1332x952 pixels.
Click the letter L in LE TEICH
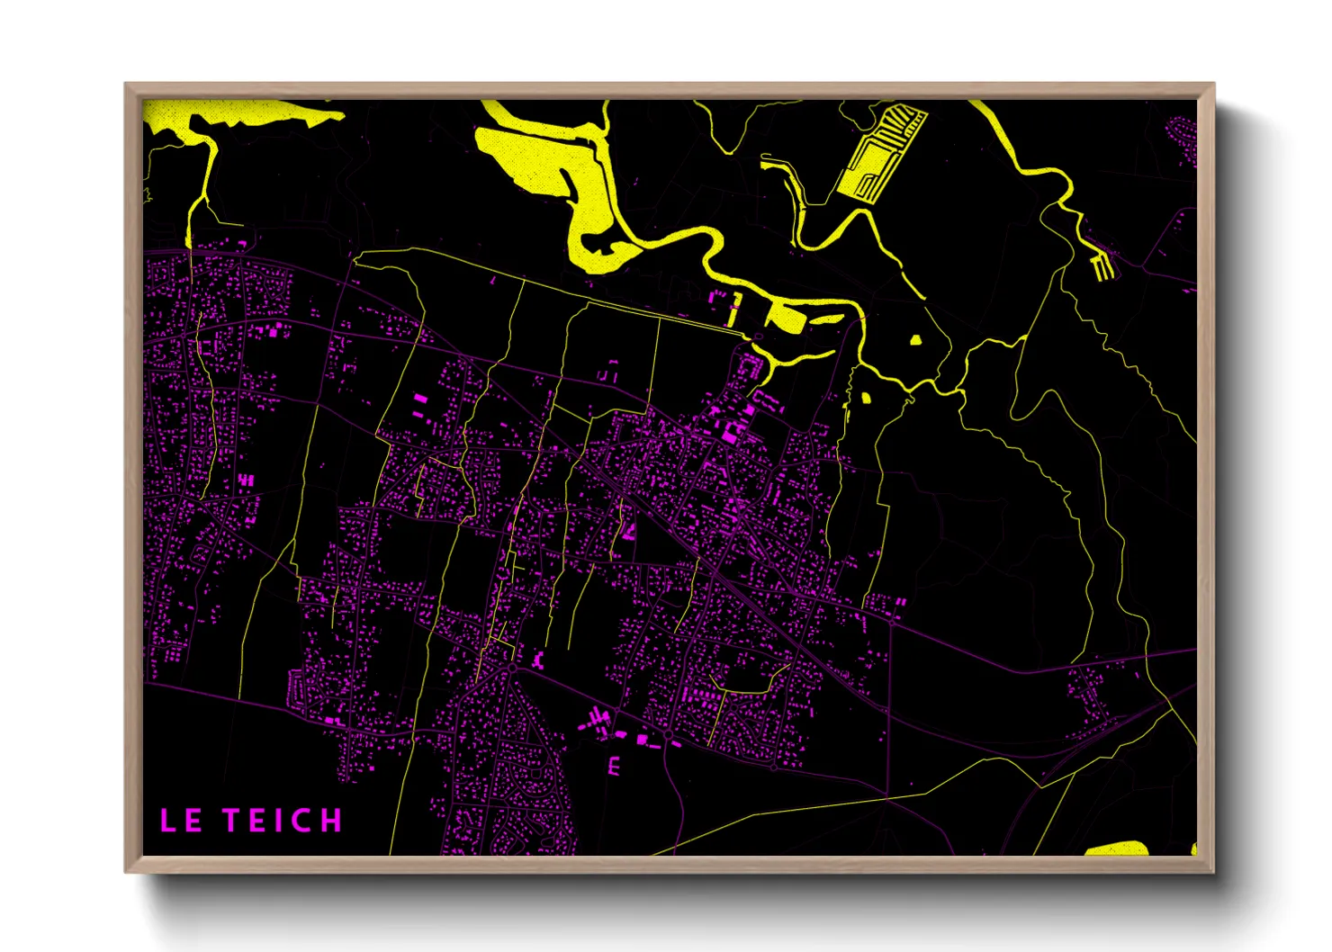point(167,821)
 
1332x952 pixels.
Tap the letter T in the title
point(233,821)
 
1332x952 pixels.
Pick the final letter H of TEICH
point(332,821)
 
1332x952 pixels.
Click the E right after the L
point(193,821)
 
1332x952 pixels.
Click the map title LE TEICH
point(250,821)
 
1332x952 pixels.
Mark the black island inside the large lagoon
point(605,241)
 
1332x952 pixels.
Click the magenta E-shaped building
point(615,767)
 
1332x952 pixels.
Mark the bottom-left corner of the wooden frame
point(127,870)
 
